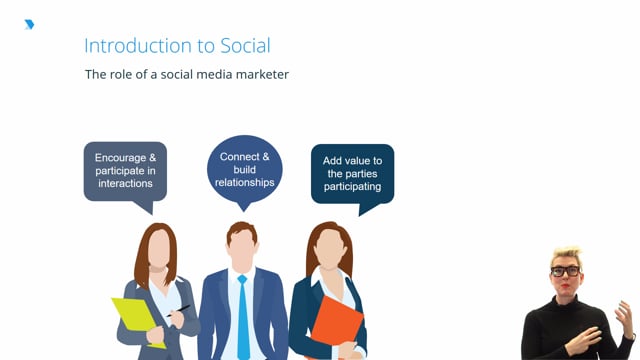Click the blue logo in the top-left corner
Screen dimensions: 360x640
[29, 24]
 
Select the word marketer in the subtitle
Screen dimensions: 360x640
[258, 74]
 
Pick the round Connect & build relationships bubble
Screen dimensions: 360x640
[244, 170]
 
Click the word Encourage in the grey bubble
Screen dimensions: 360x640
[125, 158]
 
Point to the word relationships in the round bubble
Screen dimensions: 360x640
[245, 183]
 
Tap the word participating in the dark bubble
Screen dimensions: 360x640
[352, 187]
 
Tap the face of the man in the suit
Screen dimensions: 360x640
[242, 251]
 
